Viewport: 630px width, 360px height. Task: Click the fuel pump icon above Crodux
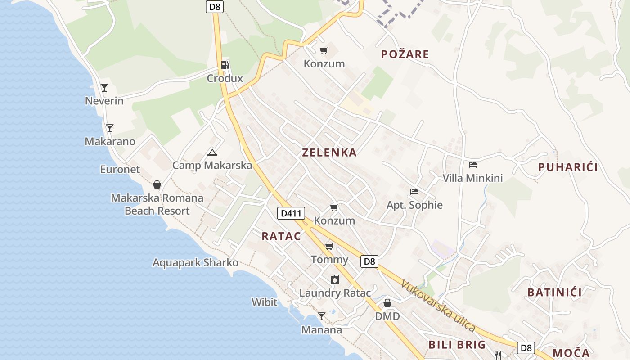click(x=225, y=65)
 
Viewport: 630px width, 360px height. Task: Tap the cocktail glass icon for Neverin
click(x=104, y=88)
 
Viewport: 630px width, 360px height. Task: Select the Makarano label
click(x=110, y=141)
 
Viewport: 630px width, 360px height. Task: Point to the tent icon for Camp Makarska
click(x=212, y=153)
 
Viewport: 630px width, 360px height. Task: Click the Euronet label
click(x=120, y=170)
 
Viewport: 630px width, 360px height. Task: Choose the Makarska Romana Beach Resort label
click(x=157, y=204)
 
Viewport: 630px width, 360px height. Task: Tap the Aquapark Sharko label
click(x=195, y=262)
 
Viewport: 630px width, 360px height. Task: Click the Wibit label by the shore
click(x=264, y=302)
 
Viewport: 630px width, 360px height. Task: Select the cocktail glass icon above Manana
click(x=321, y=316)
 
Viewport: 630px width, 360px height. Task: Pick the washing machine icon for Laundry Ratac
click(x=334, y=280)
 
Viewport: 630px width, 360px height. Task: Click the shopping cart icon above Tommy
click(x=329, y=246)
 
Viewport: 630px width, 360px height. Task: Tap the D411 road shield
click(x=291, y=213)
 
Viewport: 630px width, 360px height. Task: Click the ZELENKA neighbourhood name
click(x=329, y=153)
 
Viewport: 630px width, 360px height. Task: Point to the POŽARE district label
click(x=405, y=54)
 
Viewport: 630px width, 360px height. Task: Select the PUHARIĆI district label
click(x=568, y=167)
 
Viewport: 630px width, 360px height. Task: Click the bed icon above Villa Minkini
click(x=472, y=165)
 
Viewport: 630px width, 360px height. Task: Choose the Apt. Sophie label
click(x=414, y=205)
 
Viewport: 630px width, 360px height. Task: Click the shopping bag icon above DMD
click(x=387, y=303)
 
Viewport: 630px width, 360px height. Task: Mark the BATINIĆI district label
click(x=554, y=292)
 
